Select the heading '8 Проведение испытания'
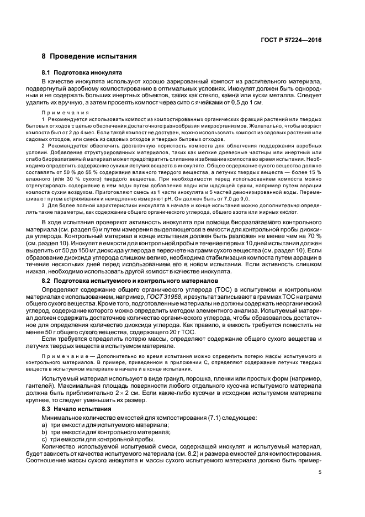coord(86,57)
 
